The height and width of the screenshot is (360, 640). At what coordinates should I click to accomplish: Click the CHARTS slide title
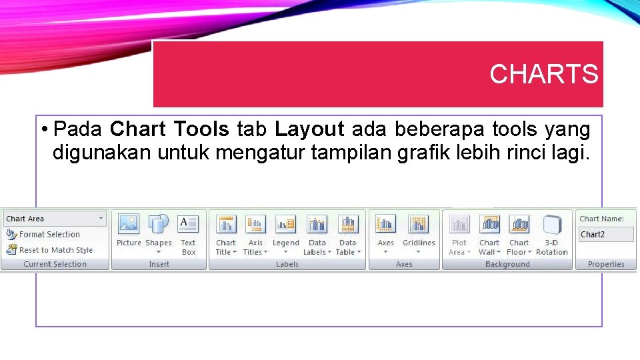click(x=543, y=74)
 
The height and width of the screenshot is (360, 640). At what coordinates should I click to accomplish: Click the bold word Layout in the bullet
click(x=309, y=128)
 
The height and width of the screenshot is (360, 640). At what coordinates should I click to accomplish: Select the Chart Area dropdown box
click(x=55, y=219)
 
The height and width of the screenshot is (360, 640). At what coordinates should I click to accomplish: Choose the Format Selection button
click(x=43, y=235)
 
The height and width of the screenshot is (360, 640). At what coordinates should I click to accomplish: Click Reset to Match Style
click(x=50, y=250)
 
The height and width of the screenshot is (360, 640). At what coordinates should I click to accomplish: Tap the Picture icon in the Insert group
click(x=129, y=224)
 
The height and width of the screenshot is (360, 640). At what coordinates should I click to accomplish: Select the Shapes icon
click(x=159, y=224)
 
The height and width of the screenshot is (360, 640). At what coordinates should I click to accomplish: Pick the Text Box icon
click(x=188, y=224)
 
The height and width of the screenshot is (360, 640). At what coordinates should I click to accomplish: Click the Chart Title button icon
click(x=226, y=224)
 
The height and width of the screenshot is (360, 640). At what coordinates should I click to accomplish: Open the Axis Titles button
click(x=255, y=224)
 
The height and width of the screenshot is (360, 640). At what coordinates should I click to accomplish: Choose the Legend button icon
click(x=285, y=224)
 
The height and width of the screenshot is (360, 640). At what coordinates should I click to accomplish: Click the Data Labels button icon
click(x=317, y=224)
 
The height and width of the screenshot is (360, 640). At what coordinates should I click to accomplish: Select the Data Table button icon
click(x=348, y=224)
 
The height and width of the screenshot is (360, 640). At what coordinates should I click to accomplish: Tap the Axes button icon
click(x=385, y=224)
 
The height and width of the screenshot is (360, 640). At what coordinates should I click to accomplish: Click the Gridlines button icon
click(x=419, y=224)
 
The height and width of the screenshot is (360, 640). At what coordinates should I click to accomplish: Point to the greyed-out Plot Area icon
click(x=459, y=224)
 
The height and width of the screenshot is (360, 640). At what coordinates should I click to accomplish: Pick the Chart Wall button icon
click(x=489, y=224)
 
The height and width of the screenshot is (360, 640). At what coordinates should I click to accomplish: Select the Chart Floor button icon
click(x=519, y=224)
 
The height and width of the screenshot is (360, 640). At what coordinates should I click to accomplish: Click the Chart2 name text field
click(x=606, y=235)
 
